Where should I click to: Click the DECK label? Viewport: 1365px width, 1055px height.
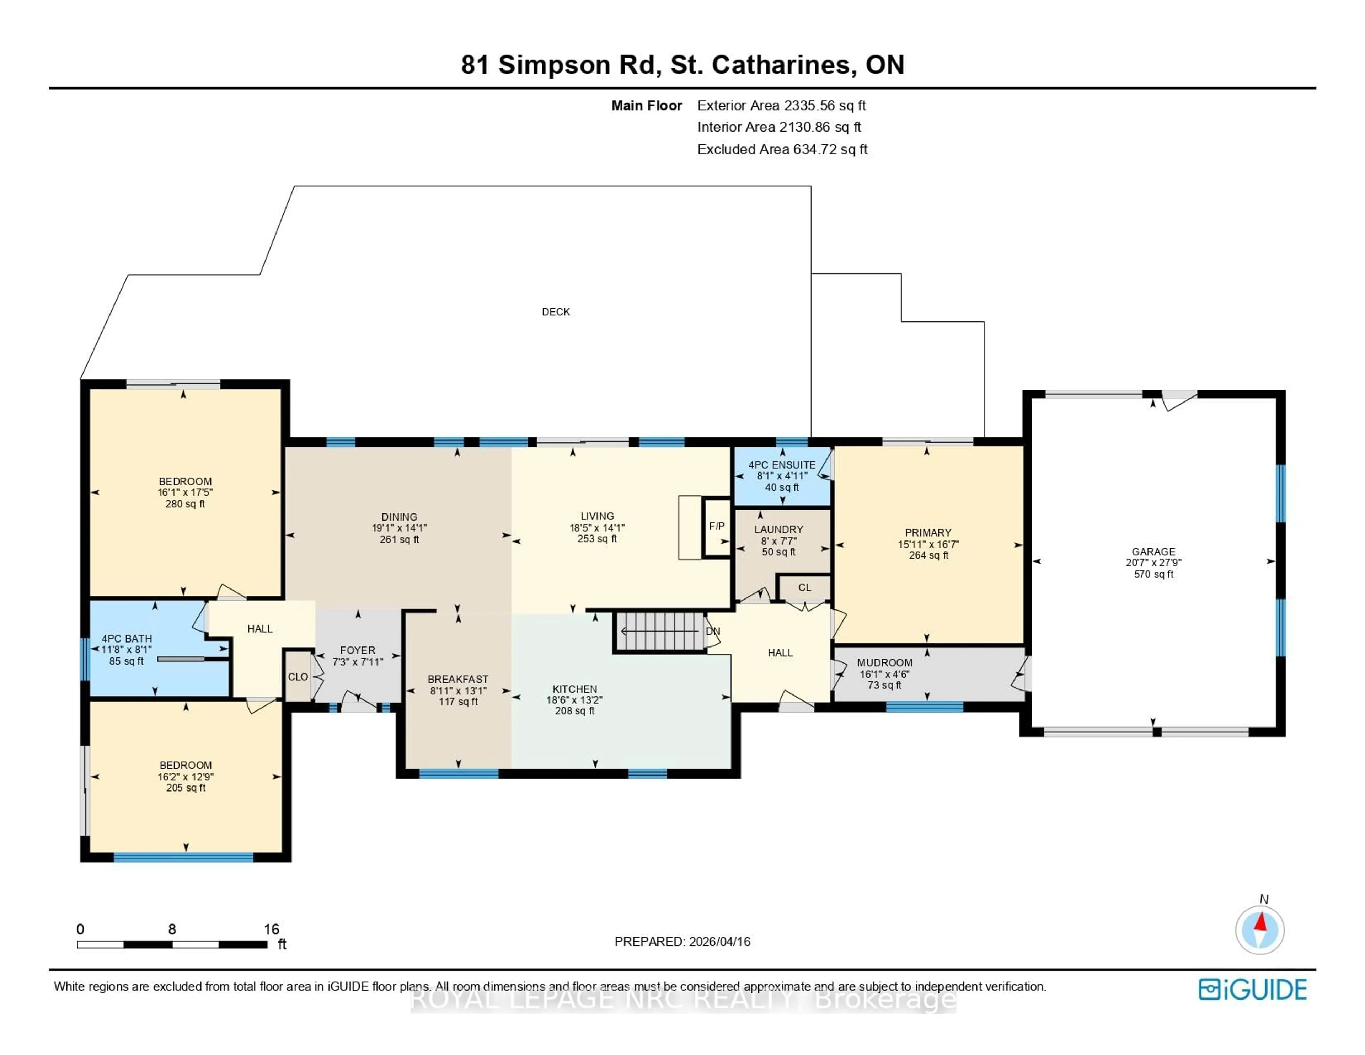(x=556, y=311)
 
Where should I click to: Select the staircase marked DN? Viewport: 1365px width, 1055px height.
(x=660, y=632)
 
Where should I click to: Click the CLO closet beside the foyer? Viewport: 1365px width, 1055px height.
(x=298, y=677)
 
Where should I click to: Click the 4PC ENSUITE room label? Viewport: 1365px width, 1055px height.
(x=782, y=465)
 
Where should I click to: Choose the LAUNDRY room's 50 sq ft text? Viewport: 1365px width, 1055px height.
(x=779, y=552)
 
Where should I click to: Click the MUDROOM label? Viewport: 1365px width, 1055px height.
(x=884, y=662)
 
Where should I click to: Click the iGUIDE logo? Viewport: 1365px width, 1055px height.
(x=1253, y=989)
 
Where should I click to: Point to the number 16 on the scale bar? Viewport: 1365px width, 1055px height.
(x=271, y=929)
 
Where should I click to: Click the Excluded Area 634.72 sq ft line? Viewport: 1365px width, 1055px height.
(x=782, y=149)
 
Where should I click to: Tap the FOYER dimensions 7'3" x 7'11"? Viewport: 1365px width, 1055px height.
(x=358, y=662)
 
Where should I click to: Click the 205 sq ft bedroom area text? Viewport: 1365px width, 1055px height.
(x=186, y=788)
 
